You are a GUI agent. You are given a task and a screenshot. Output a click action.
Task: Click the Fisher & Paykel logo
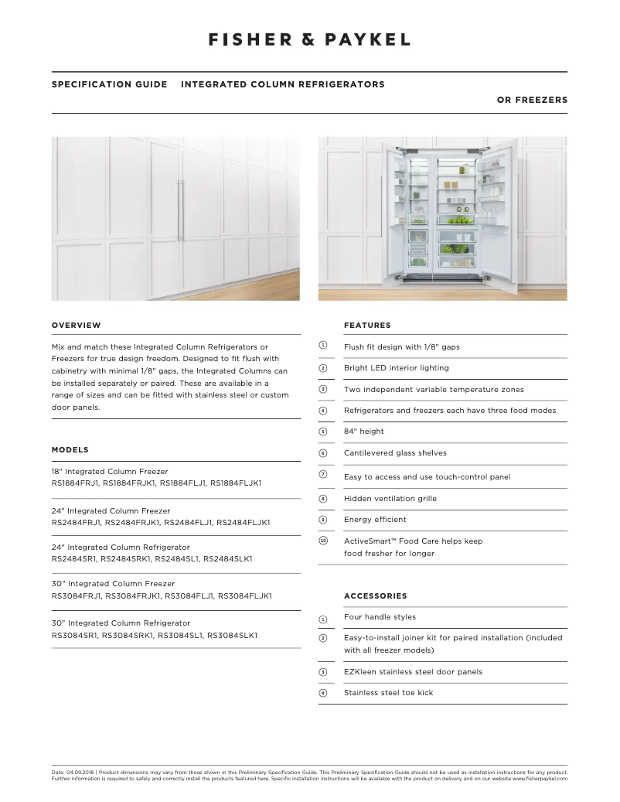click(309, 39)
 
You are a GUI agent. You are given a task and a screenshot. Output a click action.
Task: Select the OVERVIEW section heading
click(76, 326)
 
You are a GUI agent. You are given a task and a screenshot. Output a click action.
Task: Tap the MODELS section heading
click(70, 450)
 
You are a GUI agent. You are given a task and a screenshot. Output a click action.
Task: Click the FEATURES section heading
click(367, 326)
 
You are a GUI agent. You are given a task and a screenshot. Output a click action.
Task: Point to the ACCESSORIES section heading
click(375, 596)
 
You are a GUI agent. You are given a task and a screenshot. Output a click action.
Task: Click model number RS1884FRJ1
click(75, 483)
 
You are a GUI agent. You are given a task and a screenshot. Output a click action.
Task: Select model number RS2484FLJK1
click(244, 523)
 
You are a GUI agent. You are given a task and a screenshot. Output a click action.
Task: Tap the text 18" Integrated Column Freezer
click(109, 471)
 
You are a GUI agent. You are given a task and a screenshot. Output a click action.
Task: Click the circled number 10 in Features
click(323, 541)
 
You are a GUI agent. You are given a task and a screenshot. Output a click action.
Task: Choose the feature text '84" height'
click(363, 432)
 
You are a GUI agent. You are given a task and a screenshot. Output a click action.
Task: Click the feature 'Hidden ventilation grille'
click(390, 499)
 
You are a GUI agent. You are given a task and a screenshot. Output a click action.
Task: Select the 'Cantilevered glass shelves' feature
click(395, 453)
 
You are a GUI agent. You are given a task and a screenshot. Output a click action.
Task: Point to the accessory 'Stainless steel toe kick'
click(388, 693)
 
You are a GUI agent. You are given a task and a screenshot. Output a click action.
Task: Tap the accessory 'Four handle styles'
click(380, 617)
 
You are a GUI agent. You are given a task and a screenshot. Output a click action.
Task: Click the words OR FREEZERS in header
click(532, 100)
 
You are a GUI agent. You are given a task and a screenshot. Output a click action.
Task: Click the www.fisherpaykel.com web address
click(540, 779)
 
